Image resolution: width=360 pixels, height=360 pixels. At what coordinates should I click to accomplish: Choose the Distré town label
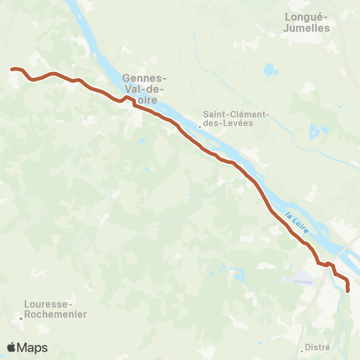[319, 348]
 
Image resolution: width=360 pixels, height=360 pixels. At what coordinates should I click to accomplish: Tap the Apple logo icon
[12, 347]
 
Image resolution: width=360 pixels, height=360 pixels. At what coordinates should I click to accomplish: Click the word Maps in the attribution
[33, 347]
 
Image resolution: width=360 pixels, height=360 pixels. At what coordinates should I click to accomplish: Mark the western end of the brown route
[11, 69]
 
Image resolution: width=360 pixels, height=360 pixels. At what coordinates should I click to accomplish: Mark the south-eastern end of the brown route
[348, 290]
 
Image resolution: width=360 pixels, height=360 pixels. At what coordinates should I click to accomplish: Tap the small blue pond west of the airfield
[239, 274]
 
